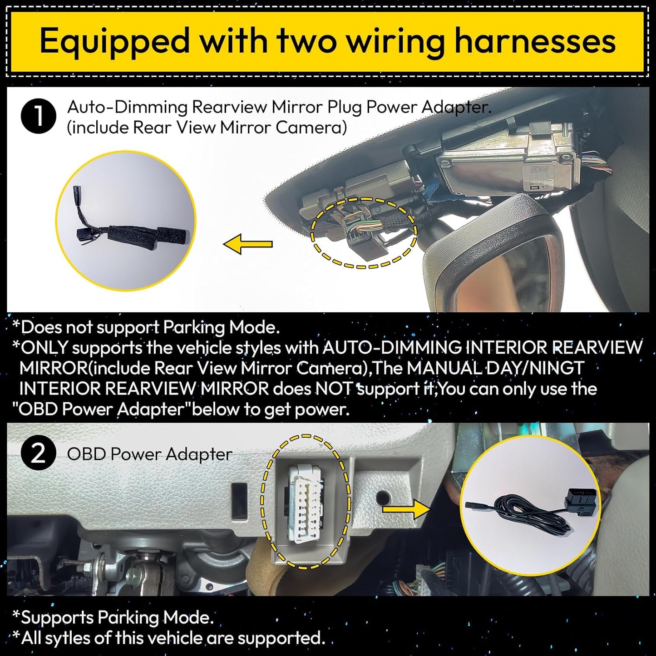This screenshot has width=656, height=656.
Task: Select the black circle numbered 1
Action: coord(39,116)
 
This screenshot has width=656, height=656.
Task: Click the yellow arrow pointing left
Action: coord(248,244)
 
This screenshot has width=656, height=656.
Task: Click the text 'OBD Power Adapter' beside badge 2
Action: coord(150,454)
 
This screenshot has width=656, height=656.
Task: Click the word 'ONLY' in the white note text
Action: coord(45,348)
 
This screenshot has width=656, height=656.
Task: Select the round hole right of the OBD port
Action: coord(383,498)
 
